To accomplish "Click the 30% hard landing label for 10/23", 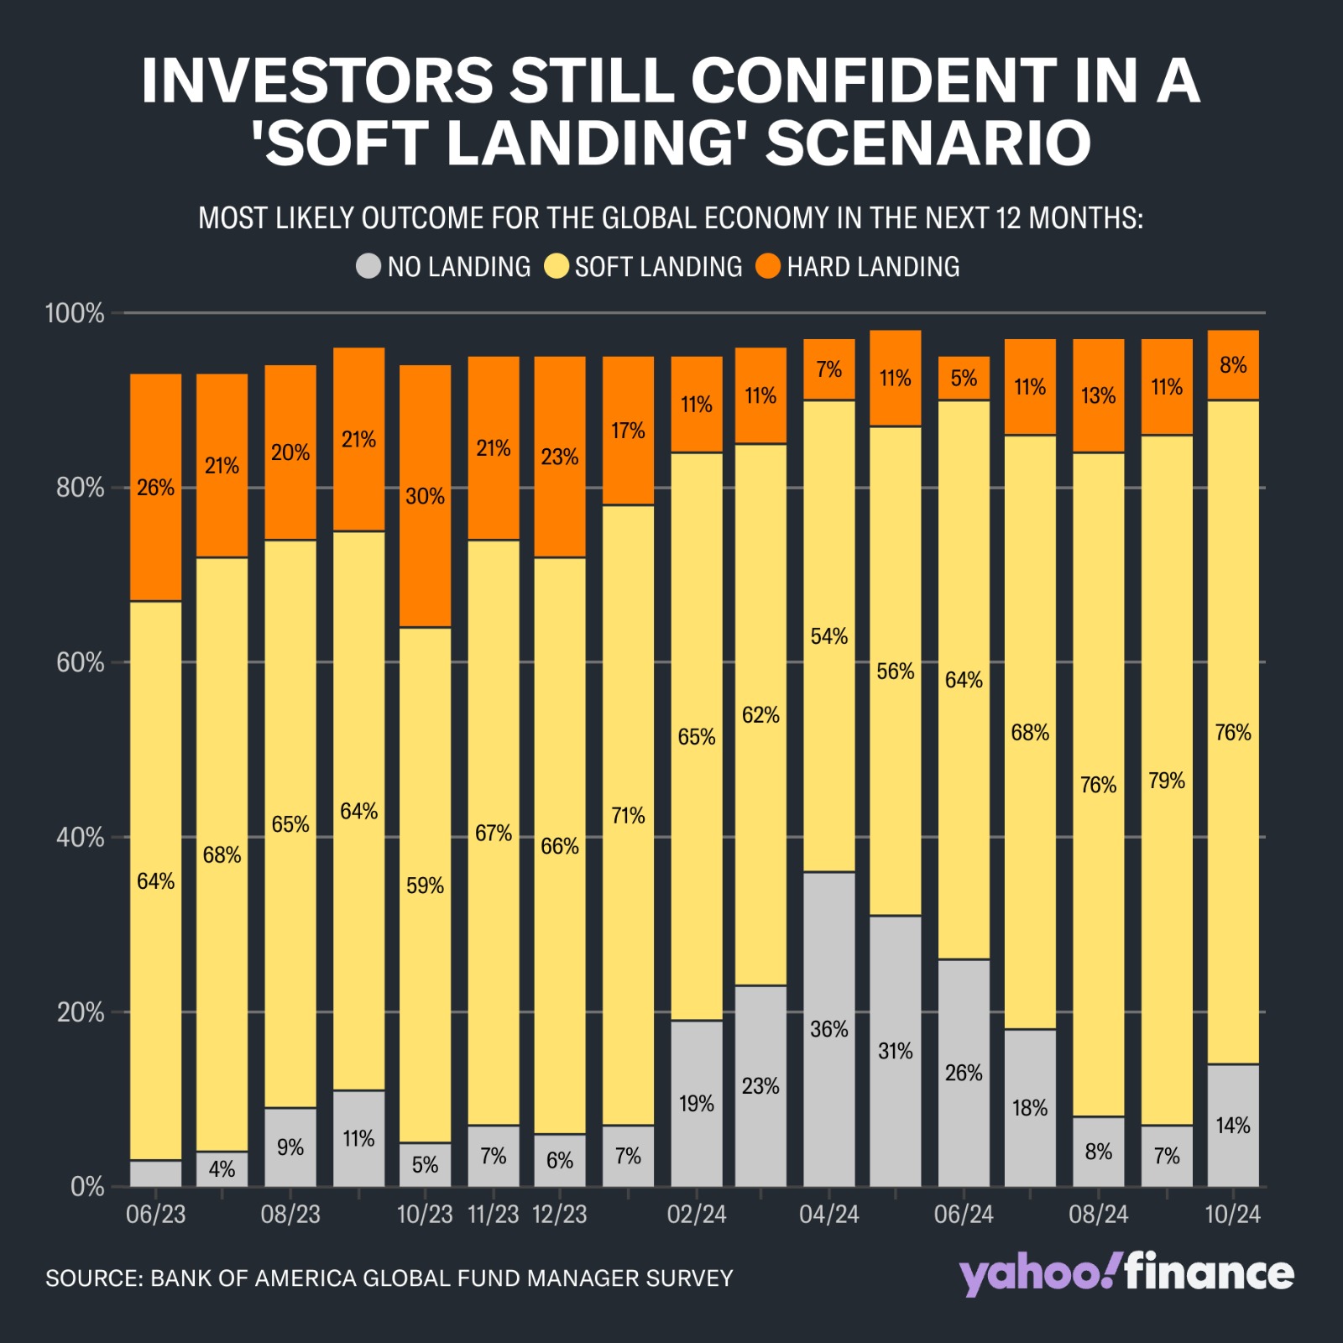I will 425,496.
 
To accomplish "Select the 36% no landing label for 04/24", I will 828,1029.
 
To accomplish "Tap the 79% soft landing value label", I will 1166,781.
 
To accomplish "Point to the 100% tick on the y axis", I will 75,314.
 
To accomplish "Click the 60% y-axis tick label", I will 81,663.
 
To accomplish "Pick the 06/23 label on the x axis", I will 155,1215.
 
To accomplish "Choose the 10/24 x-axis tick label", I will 1232,1215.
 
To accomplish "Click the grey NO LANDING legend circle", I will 368,267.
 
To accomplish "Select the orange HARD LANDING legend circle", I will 768,267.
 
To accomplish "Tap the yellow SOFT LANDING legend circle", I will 557,267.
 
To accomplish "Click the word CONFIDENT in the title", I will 873,81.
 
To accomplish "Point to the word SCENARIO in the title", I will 928,143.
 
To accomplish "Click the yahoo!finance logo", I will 1126,1274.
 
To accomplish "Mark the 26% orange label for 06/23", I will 155,488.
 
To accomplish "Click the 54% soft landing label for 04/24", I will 828,636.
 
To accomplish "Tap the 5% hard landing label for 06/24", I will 964,378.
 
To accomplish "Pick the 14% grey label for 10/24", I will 1232,1125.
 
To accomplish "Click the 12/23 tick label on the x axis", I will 560,1215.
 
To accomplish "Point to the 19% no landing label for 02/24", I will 696,1103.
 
